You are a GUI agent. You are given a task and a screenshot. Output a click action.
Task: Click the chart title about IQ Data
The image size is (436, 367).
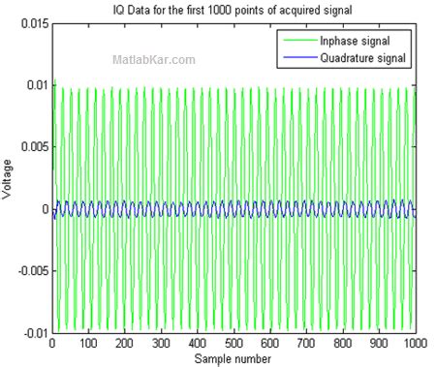tap(232, 10)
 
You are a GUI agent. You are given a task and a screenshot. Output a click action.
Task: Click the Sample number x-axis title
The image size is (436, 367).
tap(233, 358)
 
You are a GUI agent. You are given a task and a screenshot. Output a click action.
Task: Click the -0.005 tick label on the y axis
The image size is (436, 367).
tap(28, 271)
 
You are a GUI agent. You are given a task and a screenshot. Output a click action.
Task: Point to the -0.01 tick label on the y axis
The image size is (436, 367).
tap(31, 332)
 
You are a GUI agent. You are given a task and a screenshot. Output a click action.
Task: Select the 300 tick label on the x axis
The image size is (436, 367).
tap(161, 344)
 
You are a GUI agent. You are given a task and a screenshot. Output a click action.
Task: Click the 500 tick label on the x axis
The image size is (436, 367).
tap(234, 344)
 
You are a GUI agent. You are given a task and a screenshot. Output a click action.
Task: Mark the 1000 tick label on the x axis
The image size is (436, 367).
tap(414, 344)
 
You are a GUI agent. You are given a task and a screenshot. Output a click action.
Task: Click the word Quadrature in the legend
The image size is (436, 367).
tap(356, 58)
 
